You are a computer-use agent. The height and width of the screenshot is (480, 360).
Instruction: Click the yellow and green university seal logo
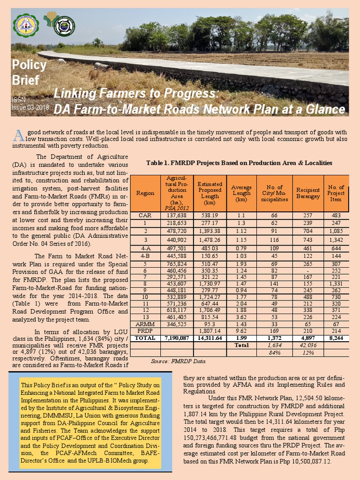(26, 26)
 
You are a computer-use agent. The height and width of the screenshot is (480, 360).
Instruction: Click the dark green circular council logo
(64, 26)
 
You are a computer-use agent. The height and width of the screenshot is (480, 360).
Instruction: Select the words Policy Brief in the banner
(29, 72)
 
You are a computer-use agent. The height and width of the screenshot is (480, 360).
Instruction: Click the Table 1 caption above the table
(239, 163)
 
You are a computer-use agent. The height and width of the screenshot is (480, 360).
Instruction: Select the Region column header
(145, 193)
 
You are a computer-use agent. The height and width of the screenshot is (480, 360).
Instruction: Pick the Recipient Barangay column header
(308, 193)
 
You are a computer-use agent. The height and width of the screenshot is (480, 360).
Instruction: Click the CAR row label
(145, 215)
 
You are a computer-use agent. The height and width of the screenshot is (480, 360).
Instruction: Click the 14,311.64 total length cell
(210, 337)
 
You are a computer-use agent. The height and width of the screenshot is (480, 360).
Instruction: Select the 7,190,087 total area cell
(177, 337)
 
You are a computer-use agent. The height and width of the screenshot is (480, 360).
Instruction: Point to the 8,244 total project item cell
(336, 337)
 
